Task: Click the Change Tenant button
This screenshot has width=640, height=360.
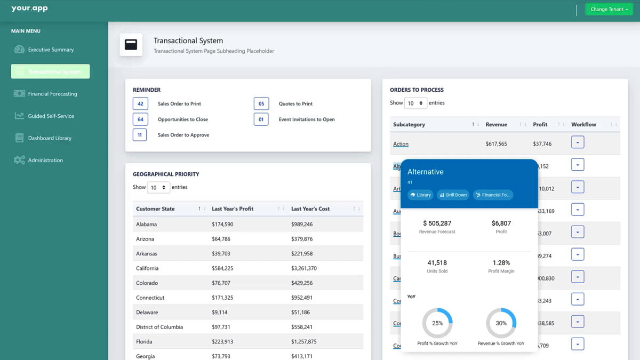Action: [609, 9]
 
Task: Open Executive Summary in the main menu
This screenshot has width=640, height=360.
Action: [51, 50]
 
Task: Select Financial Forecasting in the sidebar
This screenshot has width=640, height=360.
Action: [52, 94]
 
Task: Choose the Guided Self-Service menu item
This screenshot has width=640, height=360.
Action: [51, 116]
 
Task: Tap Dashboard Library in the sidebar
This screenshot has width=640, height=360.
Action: [50, 138]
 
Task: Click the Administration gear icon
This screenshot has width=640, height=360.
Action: [19, 160]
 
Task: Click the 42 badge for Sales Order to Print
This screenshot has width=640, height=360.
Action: [140, 103]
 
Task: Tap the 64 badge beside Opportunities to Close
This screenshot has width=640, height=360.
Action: [140, 119]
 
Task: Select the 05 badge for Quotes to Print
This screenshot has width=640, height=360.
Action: [261, 103]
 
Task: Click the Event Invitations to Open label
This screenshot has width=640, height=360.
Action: [307, 119]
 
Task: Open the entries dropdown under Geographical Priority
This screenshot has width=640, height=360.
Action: [158, 188]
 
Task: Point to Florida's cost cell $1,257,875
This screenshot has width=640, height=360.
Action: [304, 341]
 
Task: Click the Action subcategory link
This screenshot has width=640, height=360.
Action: [401, 144]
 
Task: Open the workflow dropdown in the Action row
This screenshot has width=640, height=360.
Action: [578, 142]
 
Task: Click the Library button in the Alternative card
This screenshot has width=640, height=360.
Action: [420, 195]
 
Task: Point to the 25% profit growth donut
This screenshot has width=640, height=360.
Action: [437, 323]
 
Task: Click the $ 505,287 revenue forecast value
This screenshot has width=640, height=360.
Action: [437, 223]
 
